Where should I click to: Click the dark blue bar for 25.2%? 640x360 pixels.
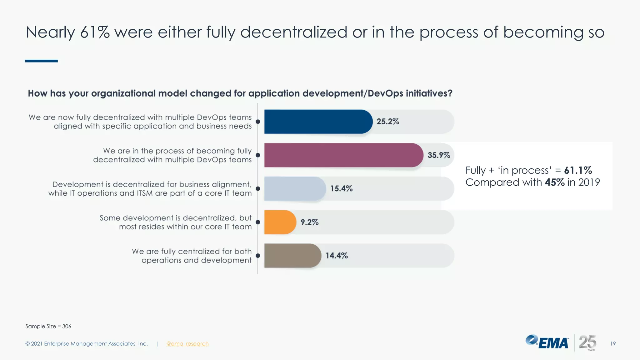pyautogui.click(x=317, y=122)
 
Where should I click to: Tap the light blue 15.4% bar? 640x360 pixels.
pyautogui.click(x=294, y=188)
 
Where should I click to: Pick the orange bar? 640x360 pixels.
pyautogui.click(x=279, y=222)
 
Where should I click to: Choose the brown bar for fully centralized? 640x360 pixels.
pyautogui.click(x=292, y=256)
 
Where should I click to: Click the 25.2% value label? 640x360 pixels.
pyautogui.click(x=387, y=122)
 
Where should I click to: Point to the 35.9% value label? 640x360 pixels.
pyautogui.click(x=439, y=155)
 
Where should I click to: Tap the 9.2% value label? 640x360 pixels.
pyautogui.click(x=309, y=222)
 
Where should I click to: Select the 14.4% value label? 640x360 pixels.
pyautogui.click(x=337, y=256)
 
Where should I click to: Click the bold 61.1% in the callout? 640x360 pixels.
pyautogui.click(x=578, y=170)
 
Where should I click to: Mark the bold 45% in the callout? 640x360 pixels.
pyautogui.click(x=555, y=182)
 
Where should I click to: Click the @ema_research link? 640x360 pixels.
pyautogui.click(x=187, y=344)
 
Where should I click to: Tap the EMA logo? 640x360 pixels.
pyautogui.click(x=547, y=342)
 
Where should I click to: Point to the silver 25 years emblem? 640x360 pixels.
pyautogui.click(x=587, y=342)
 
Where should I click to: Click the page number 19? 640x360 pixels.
pyautogui.click(x=613, y=344)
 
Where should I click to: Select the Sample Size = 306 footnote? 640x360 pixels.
pyautogui.click(x=48, y=326)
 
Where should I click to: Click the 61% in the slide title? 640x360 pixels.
pyautogui.click(x=95, y=32)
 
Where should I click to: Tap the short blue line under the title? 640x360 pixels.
pyautogui.click(x=41, y=61)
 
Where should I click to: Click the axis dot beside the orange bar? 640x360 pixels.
pyautogui.click(x=258, y=222)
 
